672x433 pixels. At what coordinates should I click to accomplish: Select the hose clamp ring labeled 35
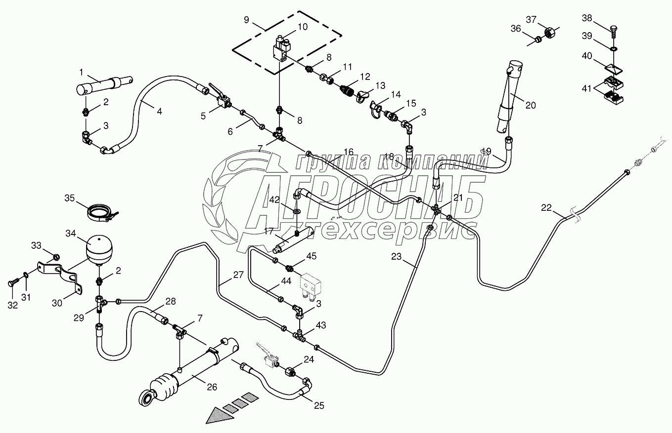tap(103, 213)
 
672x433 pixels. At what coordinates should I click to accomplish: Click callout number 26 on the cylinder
tap(212, 387)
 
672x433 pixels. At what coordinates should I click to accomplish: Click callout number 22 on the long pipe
tap(545, 208)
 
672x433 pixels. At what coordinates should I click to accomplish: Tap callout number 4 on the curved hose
tap(159, 112)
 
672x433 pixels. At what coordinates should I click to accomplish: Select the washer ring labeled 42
tap(297, 211)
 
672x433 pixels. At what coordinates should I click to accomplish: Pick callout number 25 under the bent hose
tap(319, 406)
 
